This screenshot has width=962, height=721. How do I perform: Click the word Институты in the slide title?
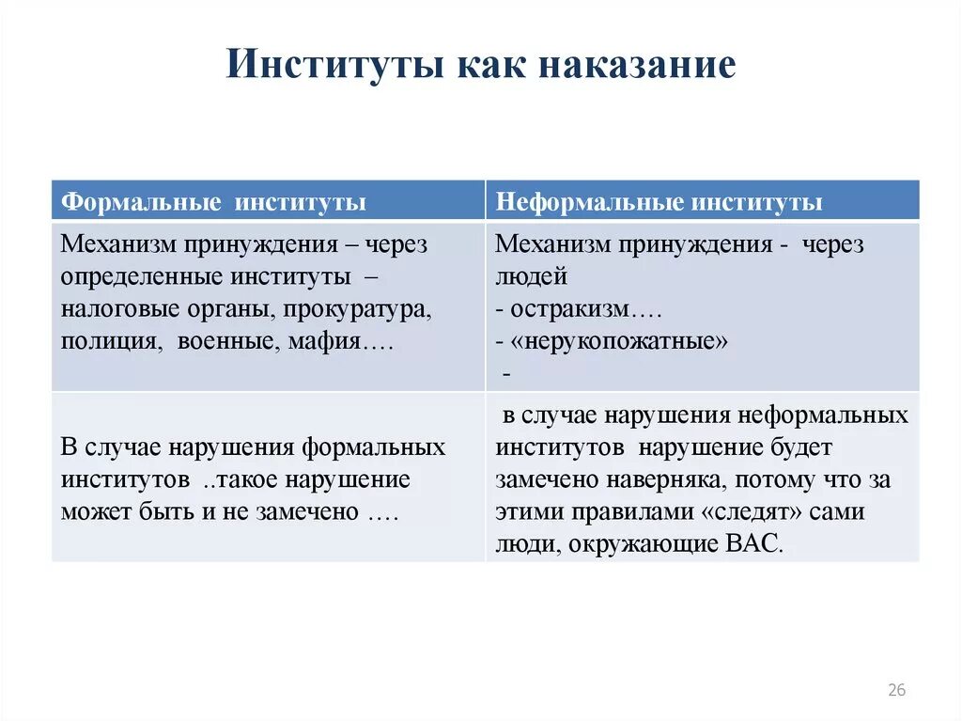[334, 66]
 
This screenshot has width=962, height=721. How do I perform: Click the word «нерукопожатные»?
[619, 341]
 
